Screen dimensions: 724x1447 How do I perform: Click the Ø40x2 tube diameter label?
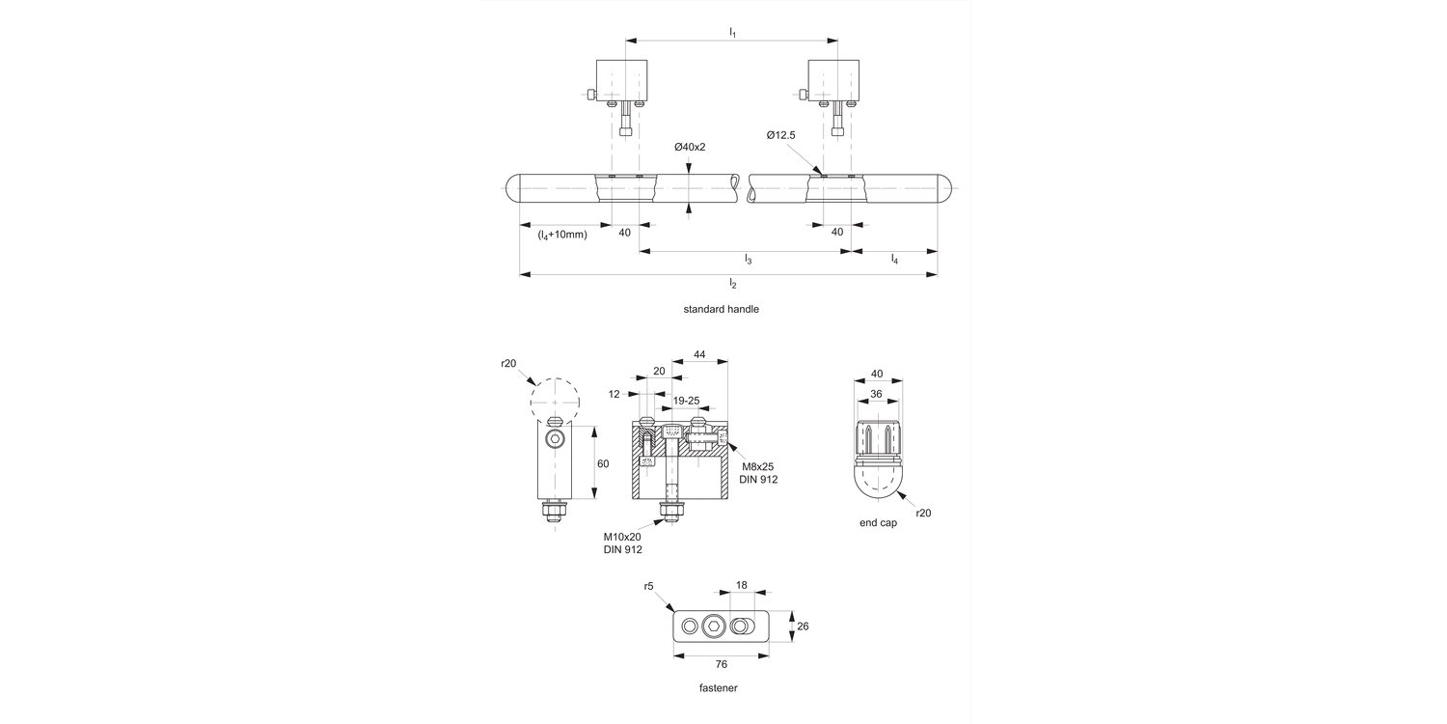pos(690,147)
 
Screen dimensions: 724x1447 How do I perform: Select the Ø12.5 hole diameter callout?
pos(781,136)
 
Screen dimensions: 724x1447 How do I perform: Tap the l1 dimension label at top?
pos(732,33)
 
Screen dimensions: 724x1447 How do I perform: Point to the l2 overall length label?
pos(732,284)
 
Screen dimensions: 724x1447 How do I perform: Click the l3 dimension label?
pos(748,260)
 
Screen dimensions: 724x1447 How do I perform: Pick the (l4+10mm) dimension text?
pos(562,234)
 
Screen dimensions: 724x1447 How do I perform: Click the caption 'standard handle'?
pos(721,310)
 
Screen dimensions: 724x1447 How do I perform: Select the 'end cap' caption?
pos(878,522)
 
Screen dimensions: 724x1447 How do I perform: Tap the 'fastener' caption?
pos(719,688)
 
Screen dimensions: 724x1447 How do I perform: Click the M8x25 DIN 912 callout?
pos(758,473)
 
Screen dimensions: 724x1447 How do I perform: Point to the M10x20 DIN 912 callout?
pos(622,543)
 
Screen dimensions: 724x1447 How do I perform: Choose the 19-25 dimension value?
pos(686,400)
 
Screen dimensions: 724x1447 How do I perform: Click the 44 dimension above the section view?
pos(699,355)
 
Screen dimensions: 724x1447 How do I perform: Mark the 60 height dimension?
pos(603,463)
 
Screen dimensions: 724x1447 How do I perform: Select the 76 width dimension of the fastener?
pos(722,664)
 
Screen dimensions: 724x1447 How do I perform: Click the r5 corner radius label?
pos(649,586)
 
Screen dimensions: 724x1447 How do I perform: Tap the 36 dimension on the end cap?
pos(878,393)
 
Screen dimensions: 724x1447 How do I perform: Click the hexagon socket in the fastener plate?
pos(714,627)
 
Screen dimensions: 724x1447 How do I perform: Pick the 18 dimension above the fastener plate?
pos(742,585)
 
